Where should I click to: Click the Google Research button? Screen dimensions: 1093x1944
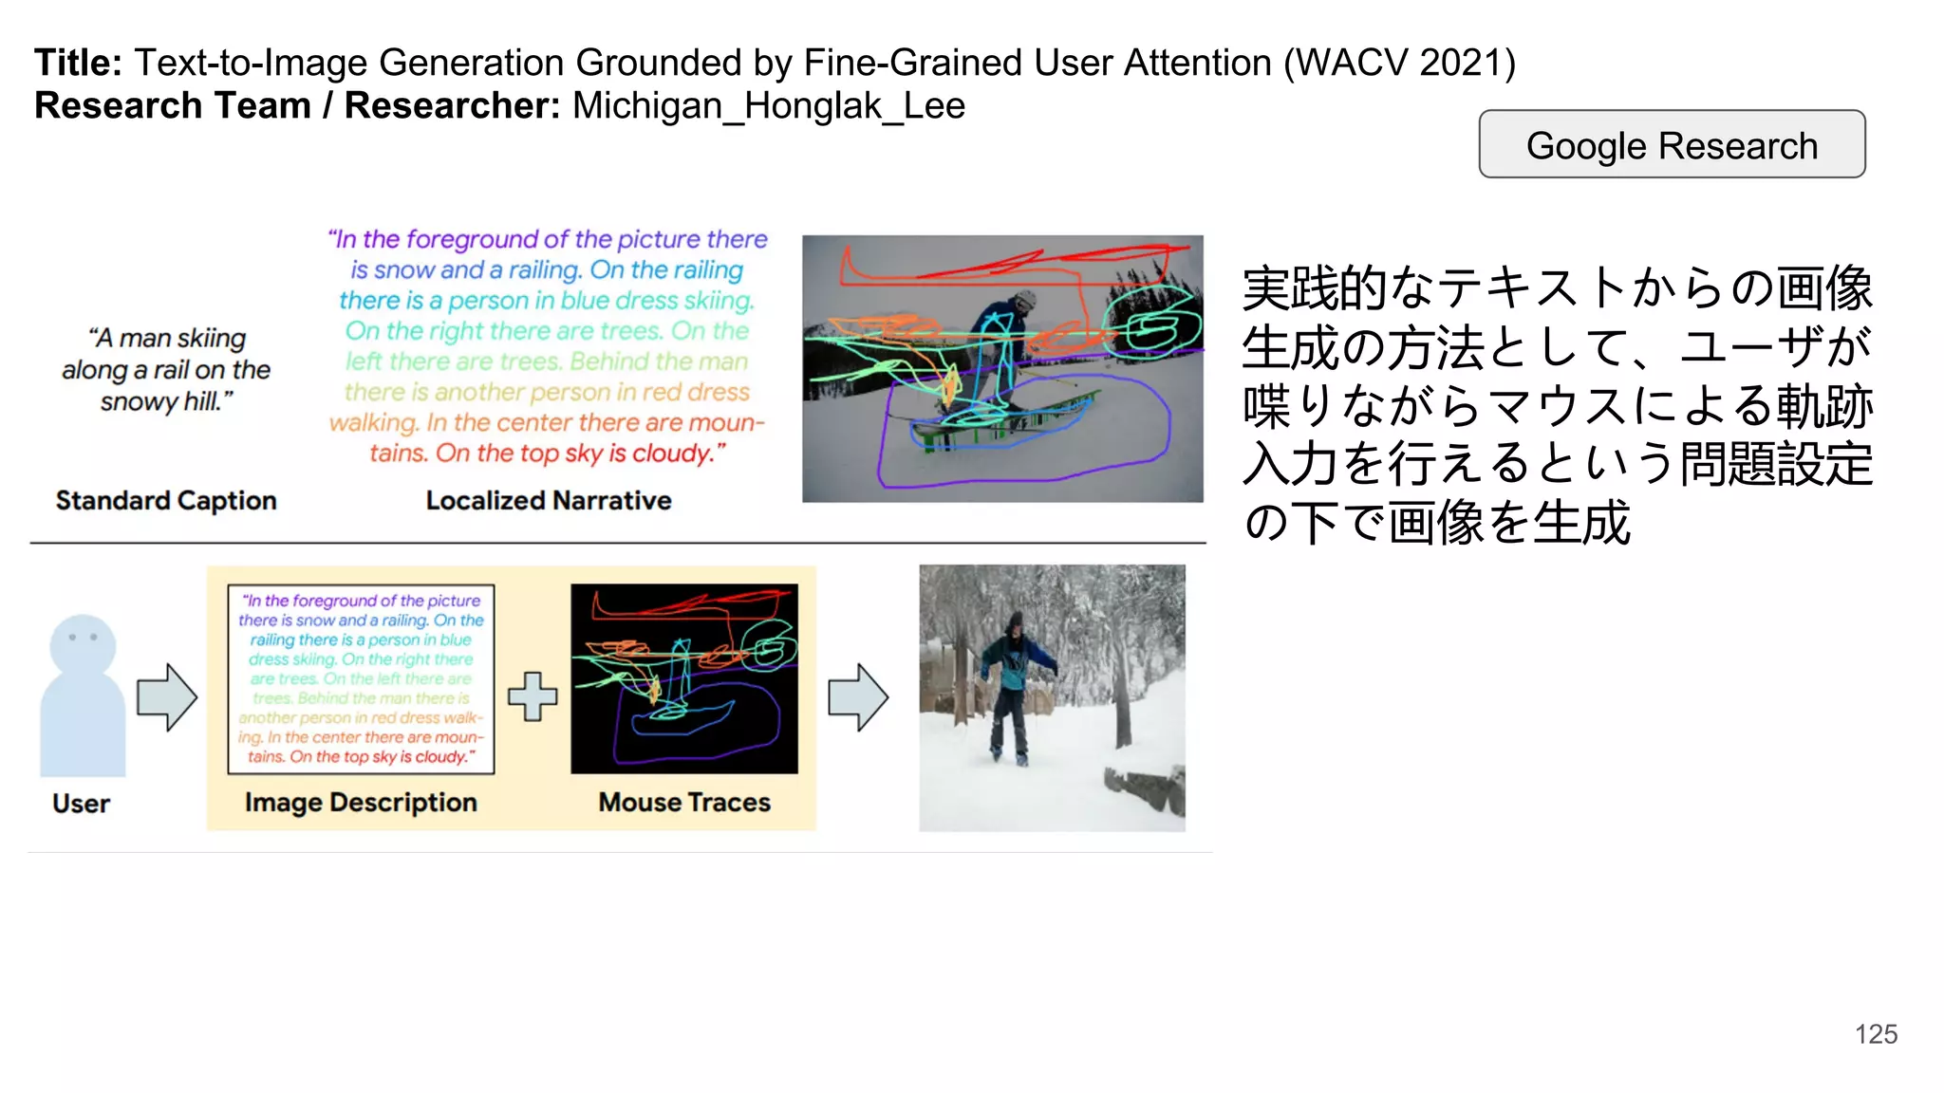pyautogui.click(x=1672, y=145)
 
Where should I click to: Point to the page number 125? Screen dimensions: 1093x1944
pyautogui.click(x=1876, y=1034)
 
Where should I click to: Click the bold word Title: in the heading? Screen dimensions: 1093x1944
pyautogui.click(x=78, y=63)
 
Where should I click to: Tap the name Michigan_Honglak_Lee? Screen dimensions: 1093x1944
pyautogui.click(x=768, y=105)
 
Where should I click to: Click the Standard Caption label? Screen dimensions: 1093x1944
pyautogui.click(x=166, y=500)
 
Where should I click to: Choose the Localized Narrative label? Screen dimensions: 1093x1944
pyautogui.click(x=548, y=500)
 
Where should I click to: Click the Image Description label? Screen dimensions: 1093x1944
pyautogui.click(x=361, y=803)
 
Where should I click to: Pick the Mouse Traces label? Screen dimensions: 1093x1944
pyautogui.click(x=684, y=803)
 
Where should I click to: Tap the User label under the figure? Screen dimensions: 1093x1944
pyautogui.click(x=81, y=804)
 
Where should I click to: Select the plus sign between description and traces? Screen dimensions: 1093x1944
pyautogui.click(x=533, y=696)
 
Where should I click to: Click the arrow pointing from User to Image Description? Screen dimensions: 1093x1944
pyautogui.click(x=167, y=697)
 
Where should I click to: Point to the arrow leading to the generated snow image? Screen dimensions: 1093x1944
pyautogui.click(x=858, y=697)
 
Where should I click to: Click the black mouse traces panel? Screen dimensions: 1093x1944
pyautogui.click(x=683, y=678)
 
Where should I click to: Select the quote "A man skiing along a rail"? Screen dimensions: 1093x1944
pyautogui.click(x=166, y=353)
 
